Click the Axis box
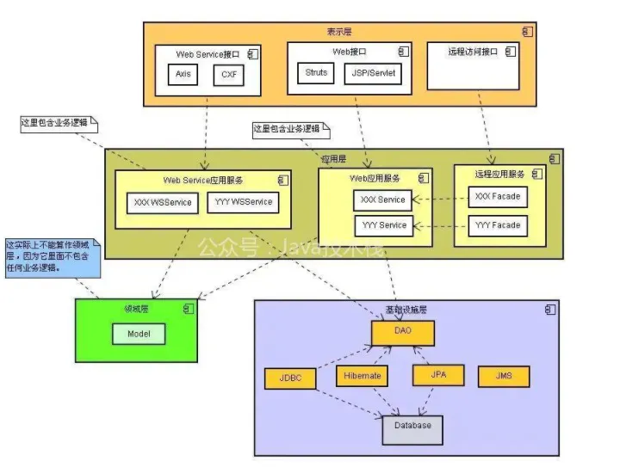point(183,75)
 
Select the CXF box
point(228,75)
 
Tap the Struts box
point(316,74)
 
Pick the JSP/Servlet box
point(373,74)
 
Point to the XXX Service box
point(381,200)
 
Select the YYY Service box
point(381,226)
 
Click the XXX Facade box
point(498,198)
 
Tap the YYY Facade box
point(498,226)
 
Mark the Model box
point(139,334)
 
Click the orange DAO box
point(403,333)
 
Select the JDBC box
point(289,378)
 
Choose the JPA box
point(438,376)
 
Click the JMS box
point(503,377)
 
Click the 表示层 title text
point(338,30)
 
